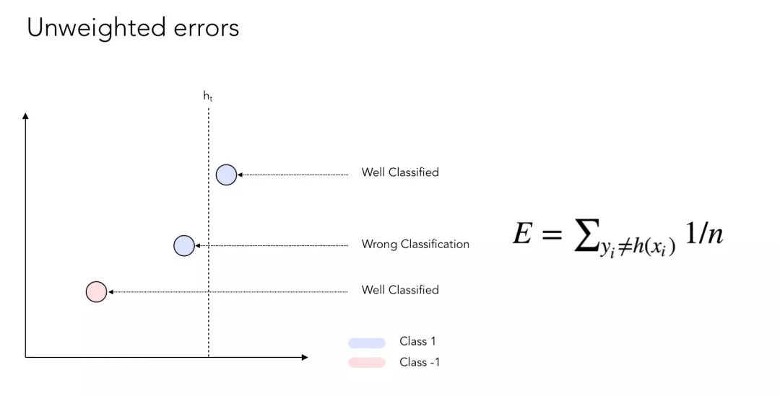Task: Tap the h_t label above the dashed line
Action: pyautogui.click(x=208, y=95)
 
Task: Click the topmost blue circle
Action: pyautogui.click(x=226, y=175)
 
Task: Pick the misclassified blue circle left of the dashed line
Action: pyautogui.click(x=184, y=246)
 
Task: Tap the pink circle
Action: pyautogui.click(x=96, y=291)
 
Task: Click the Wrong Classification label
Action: pyautogui.click(x=415, y=245)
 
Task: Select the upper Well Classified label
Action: pyautogui.click(x=400, y=172)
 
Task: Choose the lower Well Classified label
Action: pyautogui.click(x=400, y=290)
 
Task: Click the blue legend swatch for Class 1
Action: pyautogui.click(x=367, y=343)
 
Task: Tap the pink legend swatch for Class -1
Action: pyautogui.click(x=367, y=362)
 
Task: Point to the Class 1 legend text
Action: pyautogui.click(x=417, y=342)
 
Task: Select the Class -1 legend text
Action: pyautogui.click(x=420, y=362)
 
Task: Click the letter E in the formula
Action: pyautogui.click(x=522, y=234)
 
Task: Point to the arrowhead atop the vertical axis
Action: pyautogui.click(x=26, y=115)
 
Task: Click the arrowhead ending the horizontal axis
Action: pyautogui.click(x=305, y=357)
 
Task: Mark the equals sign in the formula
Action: pyautogui.click(x=551, y=234)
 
